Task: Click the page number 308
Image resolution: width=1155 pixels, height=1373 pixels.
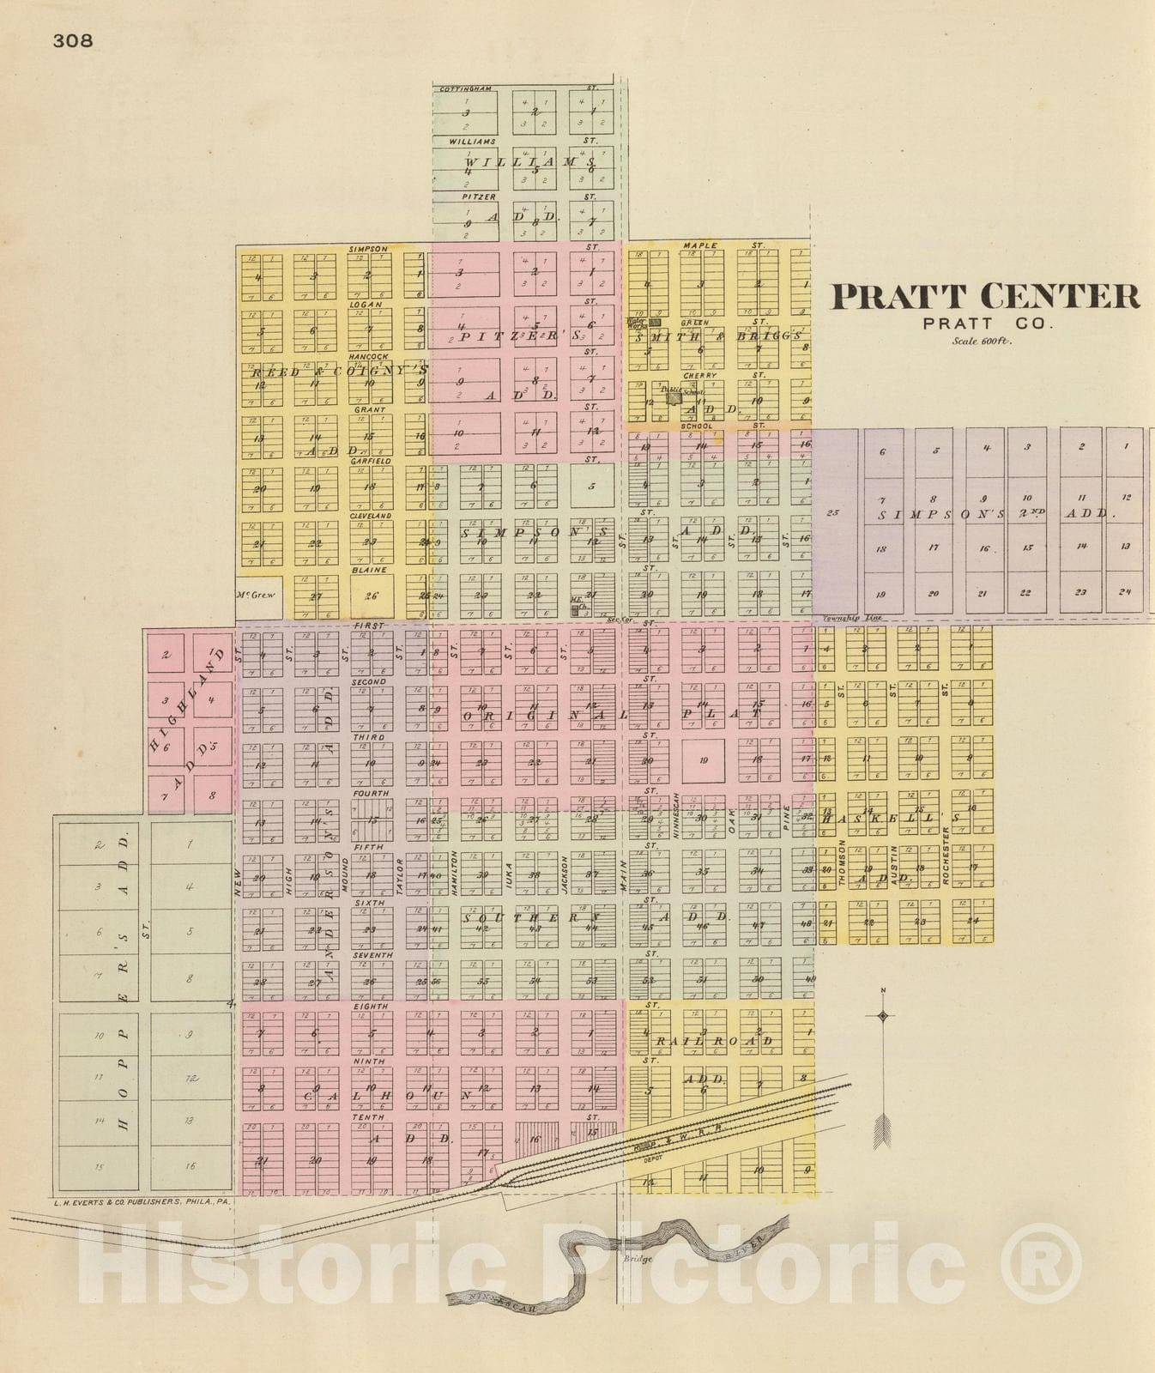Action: point(72,40)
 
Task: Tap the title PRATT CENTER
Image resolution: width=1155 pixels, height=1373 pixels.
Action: point(986,297)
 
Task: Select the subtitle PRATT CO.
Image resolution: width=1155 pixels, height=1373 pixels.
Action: point(987,324)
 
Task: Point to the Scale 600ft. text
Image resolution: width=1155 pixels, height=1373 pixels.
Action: point(982,341)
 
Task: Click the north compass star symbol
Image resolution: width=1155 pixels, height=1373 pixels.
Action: point(882,1017)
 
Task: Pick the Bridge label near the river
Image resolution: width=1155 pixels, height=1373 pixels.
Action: point(638,1259)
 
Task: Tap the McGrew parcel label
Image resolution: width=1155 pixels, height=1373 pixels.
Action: point(255,595)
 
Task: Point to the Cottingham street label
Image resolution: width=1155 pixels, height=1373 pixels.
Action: point(466,88)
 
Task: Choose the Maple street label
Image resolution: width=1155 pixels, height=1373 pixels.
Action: point(700,245)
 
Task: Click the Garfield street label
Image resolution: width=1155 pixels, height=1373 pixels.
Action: point(370,461)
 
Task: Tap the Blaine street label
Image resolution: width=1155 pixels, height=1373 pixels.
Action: point(369,570)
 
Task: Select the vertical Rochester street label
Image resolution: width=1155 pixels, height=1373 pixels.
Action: point(946,855)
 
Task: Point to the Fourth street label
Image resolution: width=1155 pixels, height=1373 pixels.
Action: point(371,794)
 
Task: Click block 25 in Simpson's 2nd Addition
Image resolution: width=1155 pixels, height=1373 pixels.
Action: point(832,513)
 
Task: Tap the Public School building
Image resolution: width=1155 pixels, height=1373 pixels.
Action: point(675,397)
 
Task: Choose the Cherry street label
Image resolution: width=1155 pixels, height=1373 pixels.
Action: point(699,375)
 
